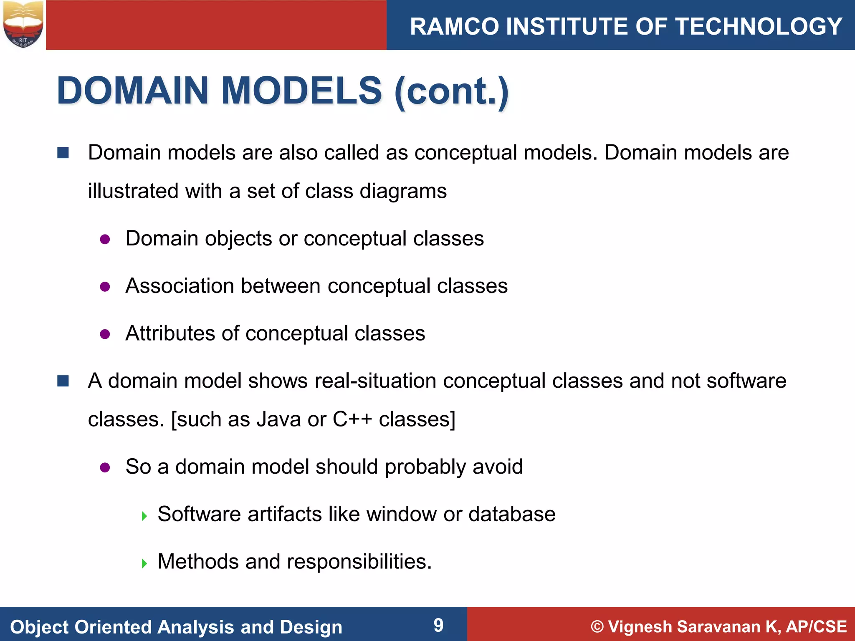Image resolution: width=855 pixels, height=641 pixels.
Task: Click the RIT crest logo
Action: pos(23,24)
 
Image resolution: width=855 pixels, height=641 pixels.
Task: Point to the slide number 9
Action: pos(438,625)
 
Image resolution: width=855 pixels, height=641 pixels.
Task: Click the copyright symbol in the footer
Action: pos(597,627)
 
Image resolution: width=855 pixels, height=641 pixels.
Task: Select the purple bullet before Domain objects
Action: pos(105,240)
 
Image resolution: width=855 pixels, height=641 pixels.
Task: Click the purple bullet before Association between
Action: pos(105,287)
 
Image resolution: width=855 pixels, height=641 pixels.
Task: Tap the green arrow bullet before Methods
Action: pos(144,564)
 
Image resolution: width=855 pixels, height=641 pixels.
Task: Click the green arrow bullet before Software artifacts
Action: pos(144,516)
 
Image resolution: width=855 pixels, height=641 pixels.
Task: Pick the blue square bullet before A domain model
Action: pos(63,381)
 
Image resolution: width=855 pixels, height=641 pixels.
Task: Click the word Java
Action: pos(278,419)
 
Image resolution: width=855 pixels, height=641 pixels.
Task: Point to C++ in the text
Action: pos(352,419)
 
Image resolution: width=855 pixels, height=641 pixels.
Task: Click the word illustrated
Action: pos(134,191)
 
